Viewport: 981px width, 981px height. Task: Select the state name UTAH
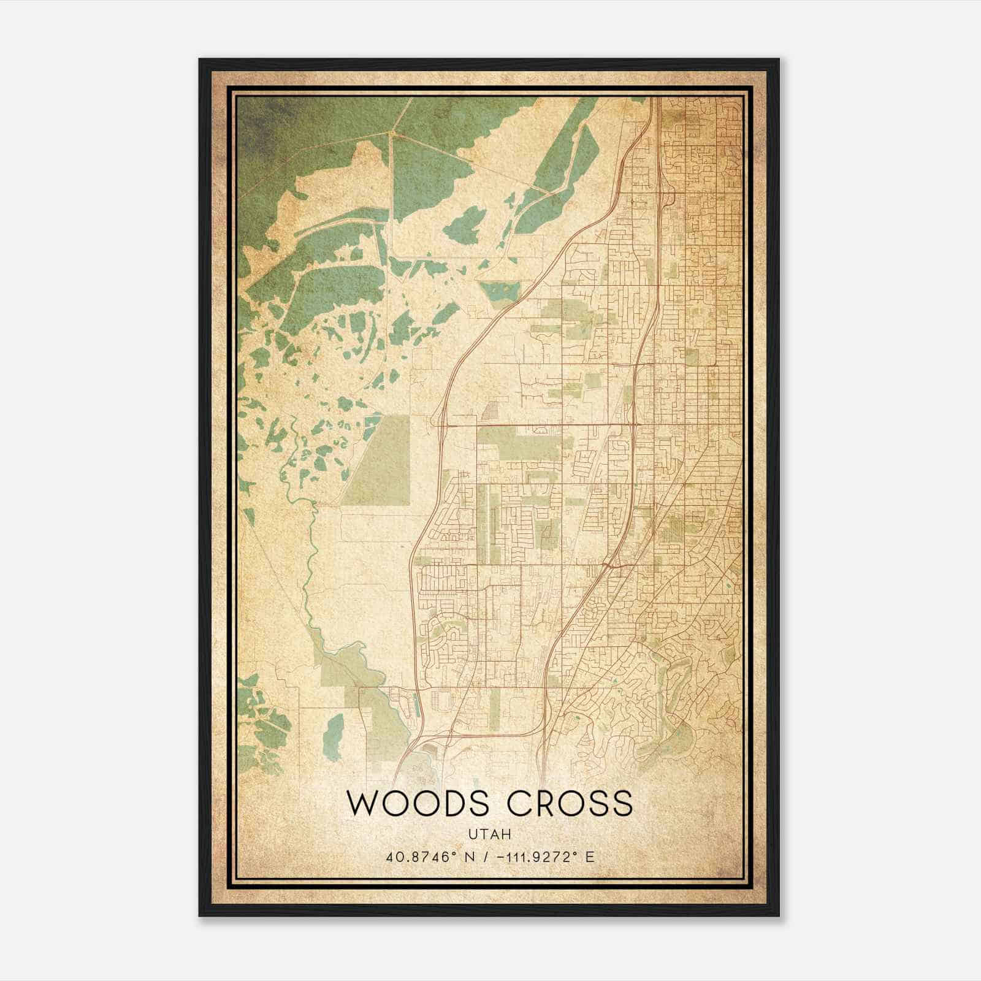point(490,834)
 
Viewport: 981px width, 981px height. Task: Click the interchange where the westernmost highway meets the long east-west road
point(441,423)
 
